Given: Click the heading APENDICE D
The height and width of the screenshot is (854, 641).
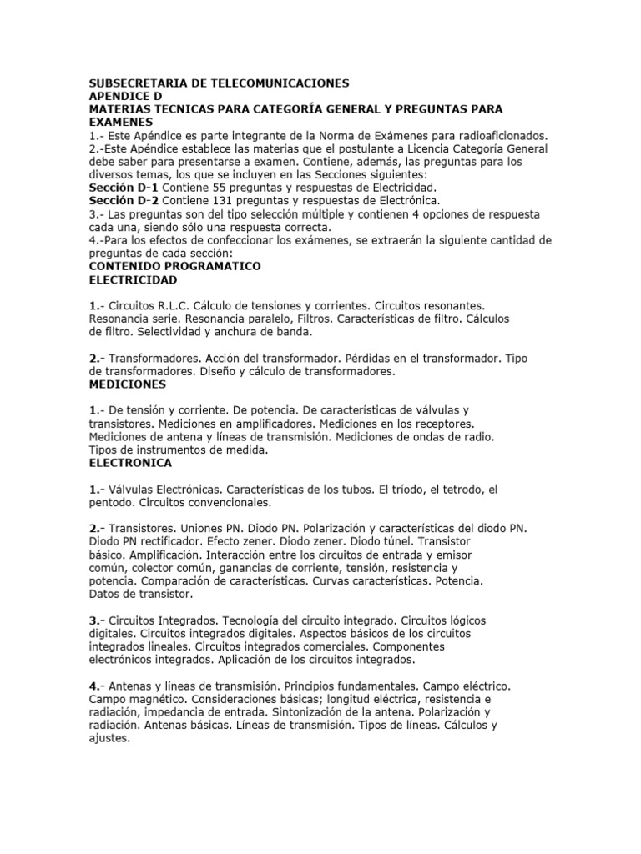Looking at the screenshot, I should (122, 96).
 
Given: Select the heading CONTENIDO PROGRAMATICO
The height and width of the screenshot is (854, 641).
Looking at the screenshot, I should (174, 265).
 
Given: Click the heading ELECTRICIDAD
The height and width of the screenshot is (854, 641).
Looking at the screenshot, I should (133, 279).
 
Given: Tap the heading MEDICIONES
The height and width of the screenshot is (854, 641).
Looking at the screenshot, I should (128, 384).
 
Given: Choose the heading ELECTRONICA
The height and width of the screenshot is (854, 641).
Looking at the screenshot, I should (130, 462).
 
